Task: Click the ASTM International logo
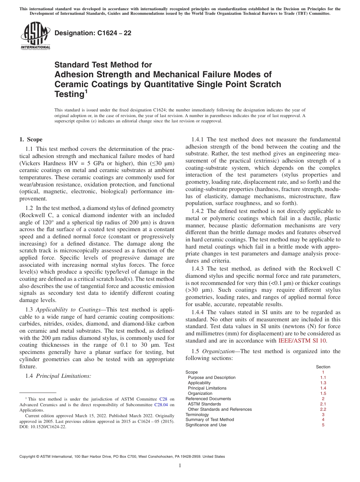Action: pos(35,37)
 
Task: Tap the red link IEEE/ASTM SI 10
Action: pos(302,341)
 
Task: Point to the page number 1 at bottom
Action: pos(180,466)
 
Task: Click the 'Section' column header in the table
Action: pos(323,367)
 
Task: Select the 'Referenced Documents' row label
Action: pos(208,399)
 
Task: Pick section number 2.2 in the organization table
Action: pos(323,409)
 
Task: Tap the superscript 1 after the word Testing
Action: pos(86,91)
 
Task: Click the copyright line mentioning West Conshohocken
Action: pos(122,457)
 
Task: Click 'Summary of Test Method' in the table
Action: pos(210,420)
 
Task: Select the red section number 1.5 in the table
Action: pos(323,393)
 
